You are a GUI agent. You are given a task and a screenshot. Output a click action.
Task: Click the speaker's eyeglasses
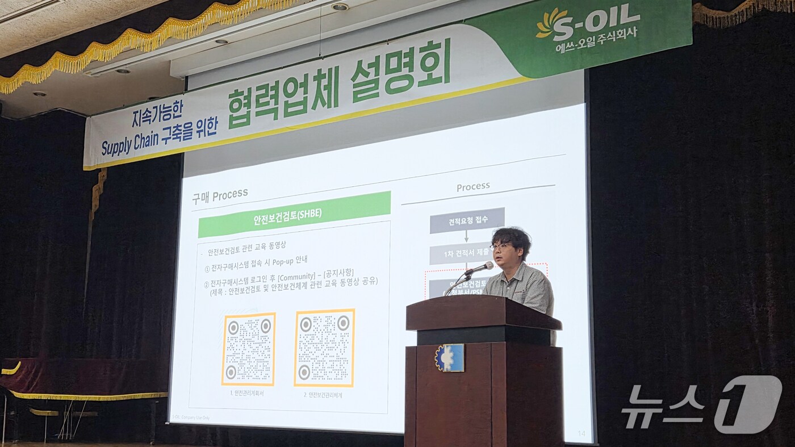click(x=501, y=246)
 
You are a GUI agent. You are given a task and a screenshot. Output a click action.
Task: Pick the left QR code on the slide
click(x=248, y=349)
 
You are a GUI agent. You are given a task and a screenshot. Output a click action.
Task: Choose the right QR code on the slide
click(x=324, y=348)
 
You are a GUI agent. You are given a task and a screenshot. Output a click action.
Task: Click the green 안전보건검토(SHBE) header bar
click(x=294, y=215)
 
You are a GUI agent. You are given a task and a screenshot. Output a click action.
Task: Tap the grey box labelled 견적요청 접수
click(x=467, y=220)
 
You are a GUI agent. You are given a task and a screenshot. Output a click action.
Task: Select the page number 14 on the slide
click(x=581, y=433)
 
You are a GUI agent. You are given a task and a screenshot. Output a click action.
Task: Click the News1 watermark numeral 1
click(x=747, y=404)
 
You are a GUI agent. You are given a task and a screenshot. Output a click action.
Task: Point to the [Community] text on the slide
click(x=296, y=277)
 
